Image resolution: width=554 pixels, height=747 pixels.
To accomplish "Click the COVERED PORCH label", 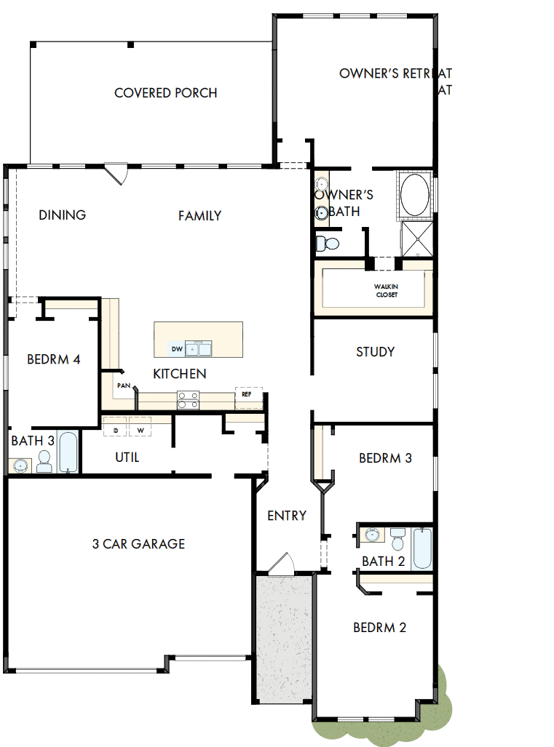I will (166, 93).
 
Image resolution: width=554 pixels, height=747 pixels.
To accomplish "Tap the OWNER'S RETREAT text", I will (395, 73).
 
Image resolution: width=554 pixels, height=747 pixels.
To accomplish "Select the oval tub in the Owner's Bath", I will (415, 195).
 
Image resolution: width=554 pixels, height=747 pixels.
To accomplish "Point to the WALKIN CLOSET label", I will (387, 290).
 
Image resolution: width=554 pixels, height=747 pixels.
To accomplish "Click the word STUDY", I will (375, 352).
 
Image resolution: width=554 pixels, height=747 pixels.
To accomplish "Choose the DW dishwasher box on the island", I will (177, 349).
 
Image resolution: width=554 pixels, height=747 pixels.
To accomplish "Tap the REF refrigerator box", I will (247, 394).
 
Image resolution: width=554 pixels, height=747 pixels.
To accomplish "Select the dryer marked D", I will (115, 430).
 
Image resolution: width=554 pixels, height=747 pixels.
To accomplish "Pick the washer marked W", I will (141, 430).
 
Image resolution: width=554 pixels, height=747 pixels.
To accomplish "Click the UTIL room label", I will (127, 458).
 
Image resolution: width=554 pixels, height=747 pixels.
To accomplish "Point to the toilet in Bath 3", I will (44, 461).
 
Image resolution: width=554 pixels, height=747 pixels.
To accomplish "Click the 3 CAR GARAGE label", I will (138, 544).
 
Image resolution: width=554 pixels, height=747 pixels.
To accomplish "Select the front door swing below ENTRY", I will (280, 563).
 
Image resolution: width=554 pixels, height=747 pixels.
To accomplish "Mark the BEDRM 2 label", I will (379, 628).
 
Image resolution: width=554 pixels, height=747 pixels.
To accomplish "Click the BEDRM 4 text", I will (53, 359).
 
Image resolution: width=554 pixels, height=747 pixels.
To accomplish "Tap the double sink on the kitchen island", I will (198, 349).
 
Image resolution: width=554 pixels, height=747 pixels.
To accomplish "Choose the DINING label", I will (62, 215).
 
